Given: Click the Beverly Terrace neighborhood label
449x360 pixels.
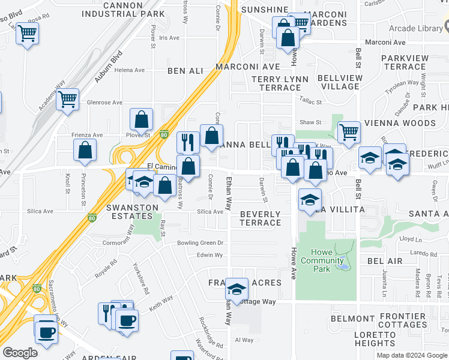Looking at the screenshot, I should coord(260,218).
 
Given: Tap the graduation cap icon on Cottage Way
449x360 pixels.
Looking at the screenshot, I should coord(237,290).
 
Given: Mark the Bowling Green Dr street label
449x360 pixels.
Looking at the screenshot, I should coord(200,243).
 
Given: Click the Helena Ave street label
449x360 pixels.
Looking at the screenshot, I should coord(130,70).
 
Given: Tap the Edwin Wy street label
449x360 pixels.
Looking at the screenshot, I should coord(209,255).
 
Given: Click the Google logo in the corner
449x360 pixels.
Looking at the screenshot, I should coord(20,353).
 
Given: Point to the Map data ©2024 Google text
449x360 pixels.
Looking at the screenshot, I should coord(411,355).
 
